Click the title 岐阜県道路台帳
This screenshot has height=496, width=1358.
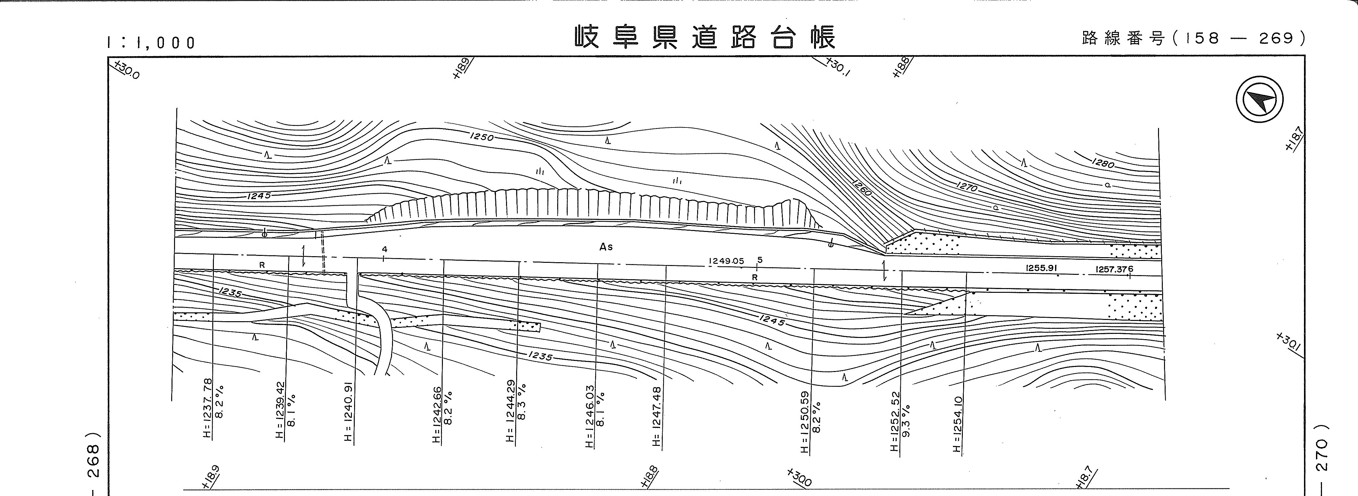click(x=705, y=37)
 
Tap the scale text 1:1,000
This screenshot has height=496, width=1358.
click(x=151, y=42)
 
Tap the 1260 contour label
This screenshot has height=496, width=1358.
click(x=860, y=187)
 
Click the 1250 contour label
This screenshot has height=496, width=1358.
click(x=481, y=138)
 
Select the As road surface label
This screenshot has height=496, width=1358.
click(x=606, y=246)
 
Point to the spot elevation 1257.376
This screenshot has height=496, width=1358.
click(x=1114, y=269)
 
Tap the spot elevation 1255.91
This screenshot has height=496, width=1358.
click(x=1041, y=268)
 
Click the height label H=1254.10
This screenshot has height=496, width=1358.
click(x=958, y=424)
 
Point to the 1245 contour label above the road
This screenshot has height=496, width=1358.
click(x=258, y=195)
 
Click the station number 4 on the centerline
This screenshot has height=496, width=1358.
click(x=385, y=249)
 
